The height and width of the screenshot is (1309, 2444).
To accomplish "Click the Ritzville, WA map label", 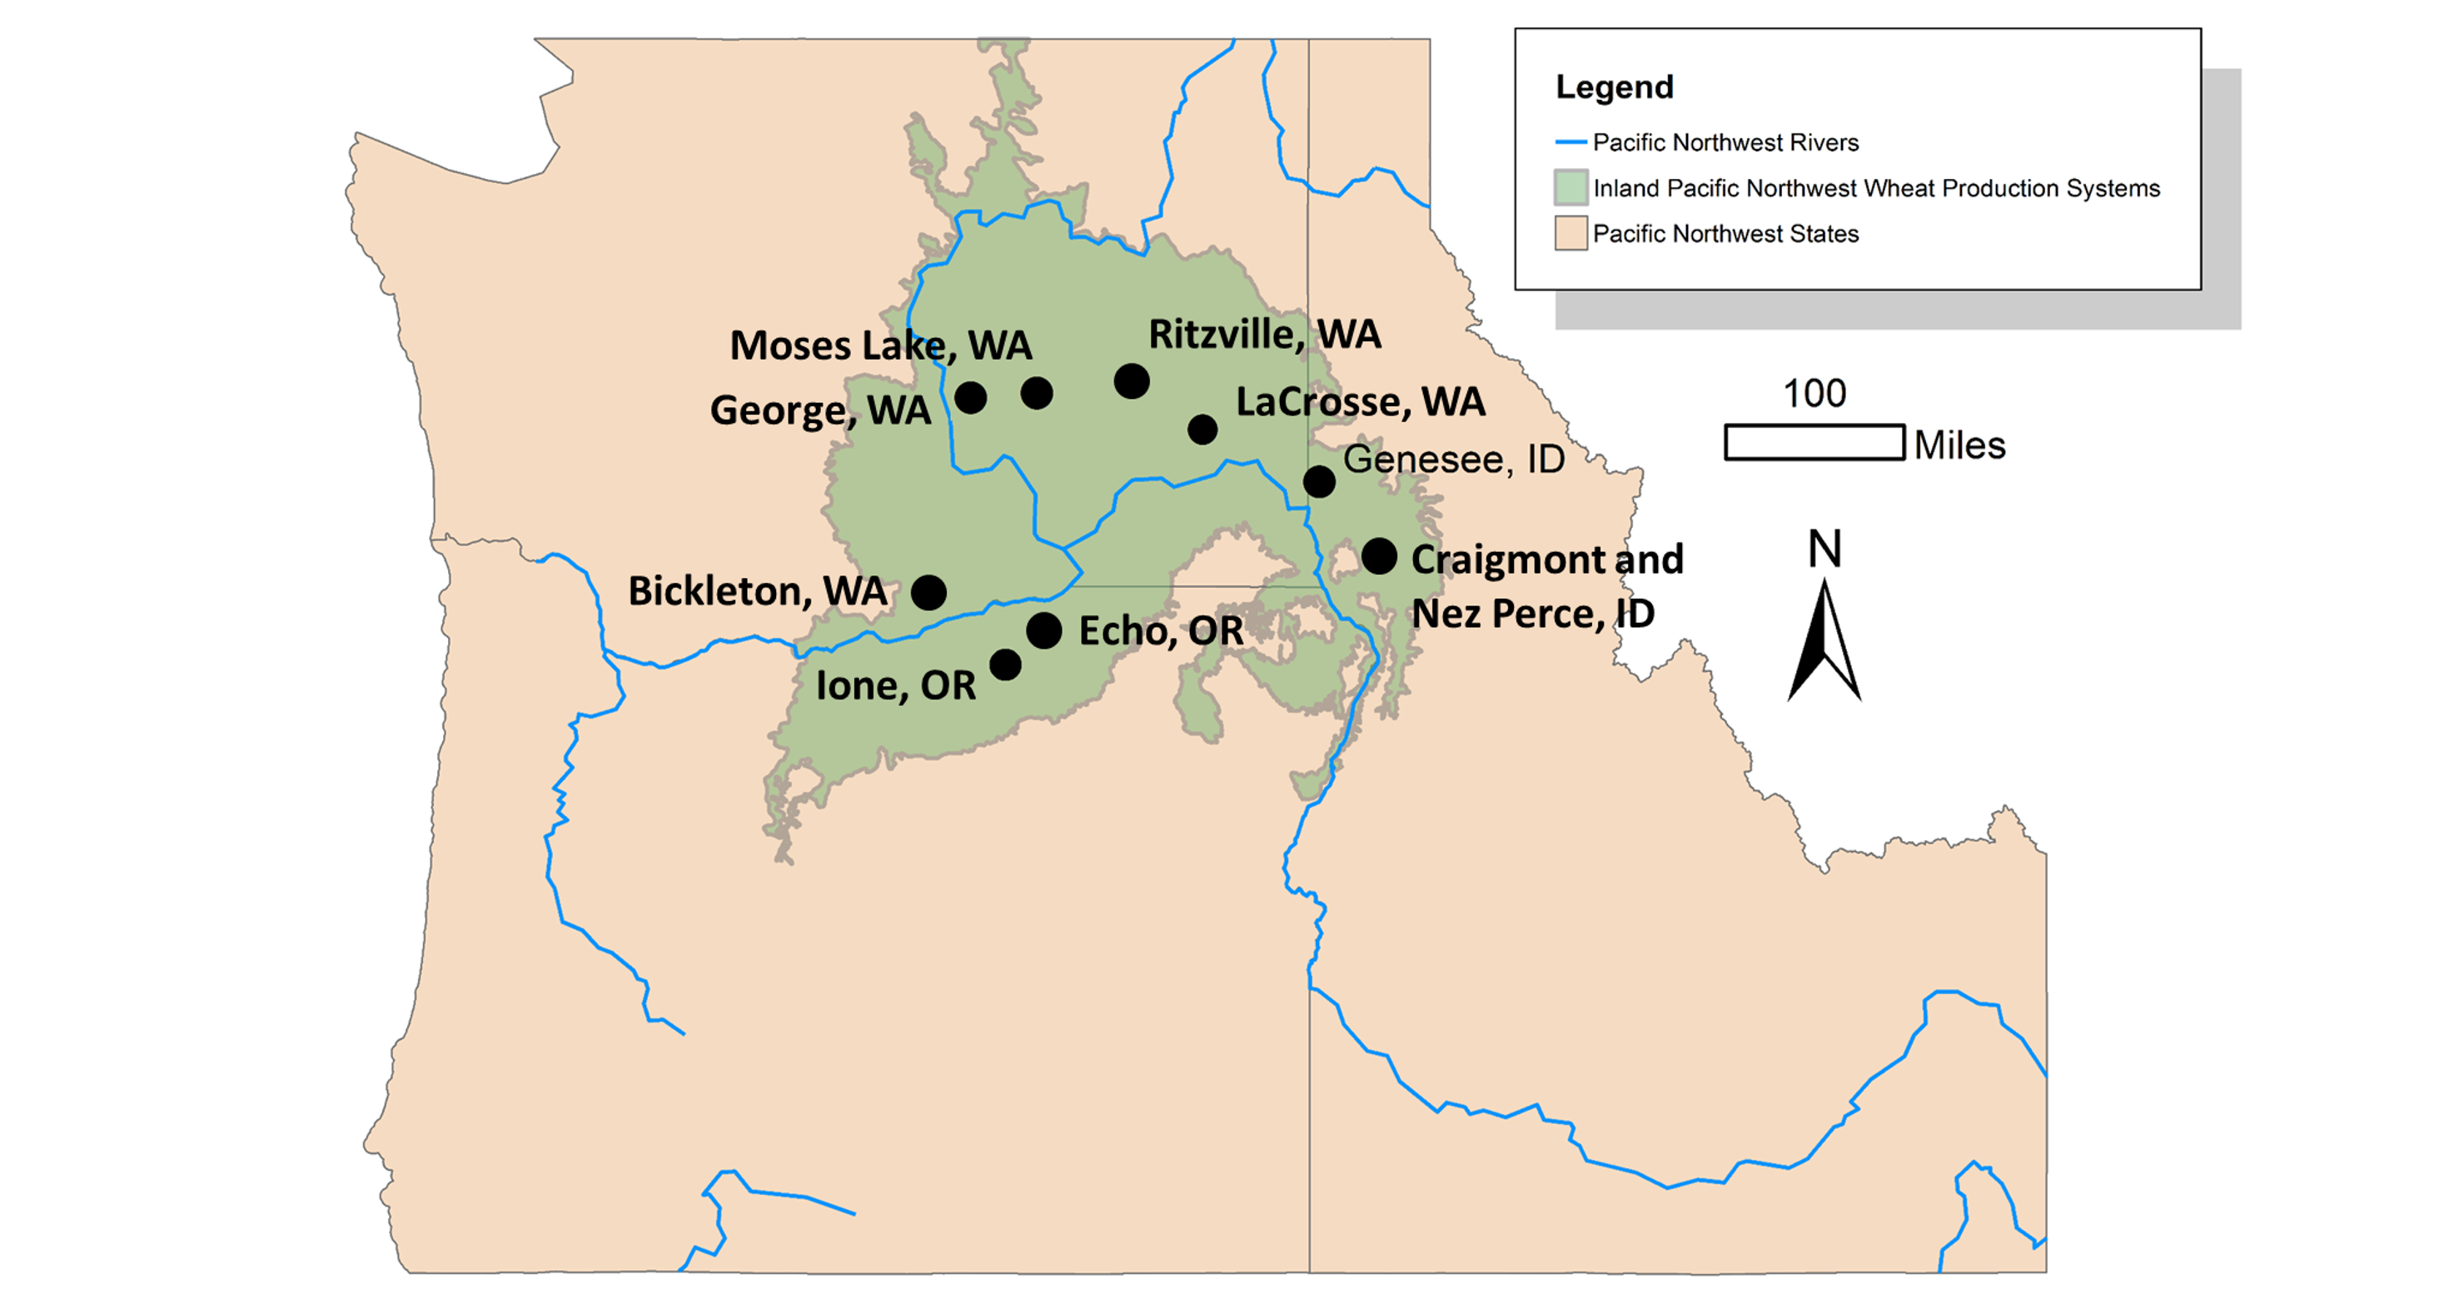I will tap(1265, 335).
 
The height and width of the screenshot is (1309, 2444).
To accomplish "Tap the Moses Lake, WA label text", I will tap(880, 346).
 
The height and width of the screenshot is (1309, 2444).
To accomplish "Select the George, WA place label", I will tap(819, 411).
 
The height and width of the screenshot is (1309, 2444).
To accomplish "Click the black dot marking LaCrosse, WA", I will tap(1202, 430).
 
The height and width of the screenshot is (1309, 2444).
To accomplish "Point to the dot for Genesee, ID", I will tap(1319, 482).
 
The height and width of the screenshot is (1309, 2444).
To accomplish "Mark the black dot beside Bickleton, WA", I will tap(928, 593).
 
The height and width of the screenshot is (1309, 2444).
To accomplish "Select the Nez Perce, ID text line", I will tap(1533, 614).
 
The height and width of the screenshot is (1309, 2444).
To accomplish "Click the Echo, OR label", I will tap(1160, 632).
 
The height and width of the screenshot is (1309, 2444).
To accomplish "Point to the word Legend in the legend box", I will tap(1615, 87).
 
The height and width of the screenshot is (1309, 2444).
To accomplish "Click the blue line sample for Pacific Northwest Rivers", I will tap(1571, 143).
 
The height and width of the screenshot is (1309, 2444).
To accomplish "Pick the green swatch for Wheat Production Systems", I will tap(1571, 188).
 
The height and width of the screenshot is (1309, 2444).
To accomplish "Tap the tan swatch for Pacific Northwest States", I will tap(1571, 233).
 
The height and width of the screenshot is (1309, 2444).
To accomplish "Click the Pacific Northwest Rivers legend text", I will tap(1725, 143).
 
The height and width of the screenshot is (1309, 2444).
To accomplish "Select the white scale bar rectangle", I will tap(1814, 443).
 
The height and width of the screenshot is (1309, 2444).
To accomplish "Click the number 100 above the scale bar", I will tap(1814, 394).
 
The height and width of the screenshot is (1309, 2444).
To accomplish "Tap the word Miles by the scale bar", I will tap(1959, 445).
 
